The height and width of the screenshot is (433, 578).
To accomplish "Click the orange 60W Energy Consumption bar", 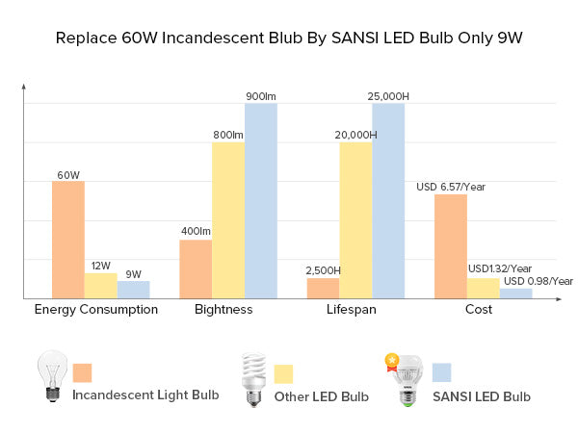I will tap(68, 240).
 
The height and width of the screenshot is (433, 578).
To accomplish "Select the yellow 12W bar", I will tap(101, 286).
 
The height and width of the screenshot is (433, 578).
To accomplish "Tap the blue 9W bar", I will tap(134, 290).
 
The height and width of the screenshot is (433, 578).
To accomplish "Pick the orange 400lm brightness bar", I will tap(196, 268).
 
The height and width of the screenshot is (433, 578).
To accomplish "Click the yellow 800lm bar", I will tap(228, 220).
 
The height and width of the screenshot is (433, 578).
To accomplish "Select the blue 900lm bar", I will tap(261, 200).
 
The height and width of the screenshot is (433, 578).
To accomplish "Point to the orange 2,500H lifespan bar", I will tap(323, 288).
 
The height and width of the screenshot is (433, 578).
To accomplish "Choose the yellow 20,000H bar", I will tap(355, 220).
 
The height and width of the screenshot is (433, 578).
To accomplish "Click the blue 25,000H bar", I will tap(388, 200).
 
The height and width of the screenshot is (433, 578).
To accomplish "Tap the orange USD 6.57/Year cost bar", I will tap(451, 246).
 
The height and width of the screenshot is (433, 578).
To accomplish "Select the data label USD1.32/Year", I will tap(500, 268).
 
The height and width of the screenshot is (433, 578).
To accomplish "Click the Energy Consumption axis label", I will tap(96, 310).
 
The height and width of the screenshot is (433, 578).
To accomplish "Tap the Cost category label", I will tap(478, 310).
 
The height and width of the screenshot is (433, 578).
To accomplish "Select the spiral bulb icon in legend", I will tap(253, 377).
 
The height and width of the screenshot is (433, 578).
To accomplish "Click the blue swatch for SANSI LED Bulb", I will tap(442, 372).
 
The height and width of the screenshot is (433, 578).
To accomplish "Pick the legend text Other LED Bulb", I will tap(322, 396).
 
